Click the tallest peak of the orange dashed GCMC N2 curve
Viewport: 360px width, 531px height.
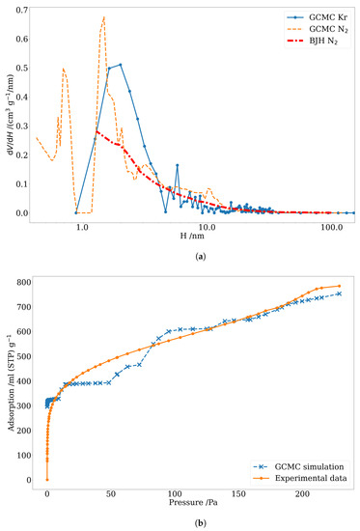[103, 17]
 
